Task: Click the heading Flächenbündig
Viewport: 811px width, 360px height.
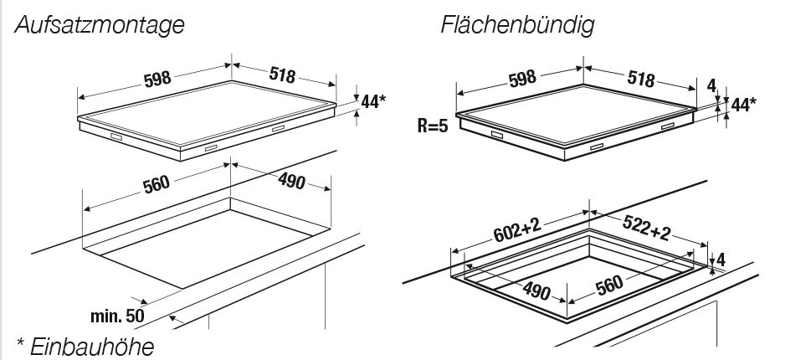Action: [x=516, y=26]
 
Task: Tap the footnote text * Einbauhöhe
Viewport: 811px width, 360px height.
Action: [x=85, y=345]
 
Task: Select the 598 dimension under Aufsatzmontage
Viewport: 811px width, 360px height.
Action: [x=157, y=80]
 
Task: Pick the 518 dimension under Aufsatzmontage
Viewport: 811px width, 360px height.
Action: [x=282, y=75]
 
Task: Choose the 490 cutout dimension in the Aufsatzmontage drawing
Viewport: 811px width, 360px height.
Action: [x=290, y=183]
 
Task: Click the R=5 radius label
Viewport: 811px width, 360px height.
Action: [x=434, y=126]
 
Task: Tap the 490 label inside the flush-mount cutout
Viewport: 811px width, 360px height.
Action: [x=536, y=291]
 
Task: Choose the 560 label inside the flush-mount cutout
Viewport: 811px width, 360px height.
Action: [x=609, y=287]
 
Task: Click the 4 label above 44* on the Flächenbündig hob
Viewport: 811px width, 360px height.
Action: [x=711, y=85]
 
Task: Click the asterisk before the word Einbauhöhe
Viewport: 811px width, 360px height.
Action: [x=20, y=342]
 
